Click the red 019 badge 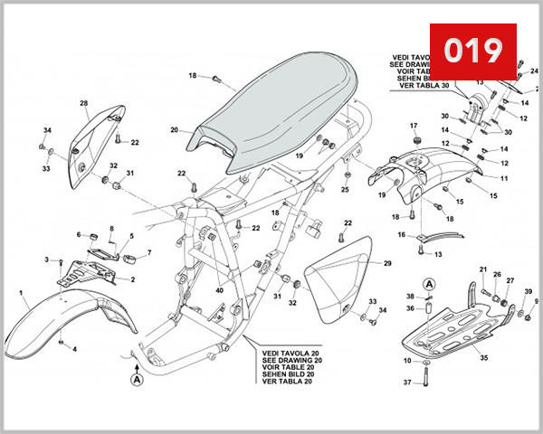click(x=472, y=52)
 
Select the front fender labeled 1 click(x=63, y=321)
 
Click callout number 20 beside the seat click(x=175, y=130)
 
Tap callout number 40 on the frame click(x=219, y=290)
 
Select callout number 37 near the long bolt click(x=406, y=383)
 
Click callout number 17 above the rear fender click(x=414, y=126)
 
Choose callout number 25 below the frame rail click(x=345, y=190)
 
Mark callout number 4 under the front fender click(x=75, y=349)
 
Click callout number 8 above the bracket click(x=112, y=229)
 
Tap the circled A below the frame click(x=138, y=381)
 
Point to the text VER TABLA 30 click(x=422, y=87)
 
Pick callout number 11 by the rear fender click(x=505, y=179)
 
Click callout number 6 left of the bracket click(x=79, y=235)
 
